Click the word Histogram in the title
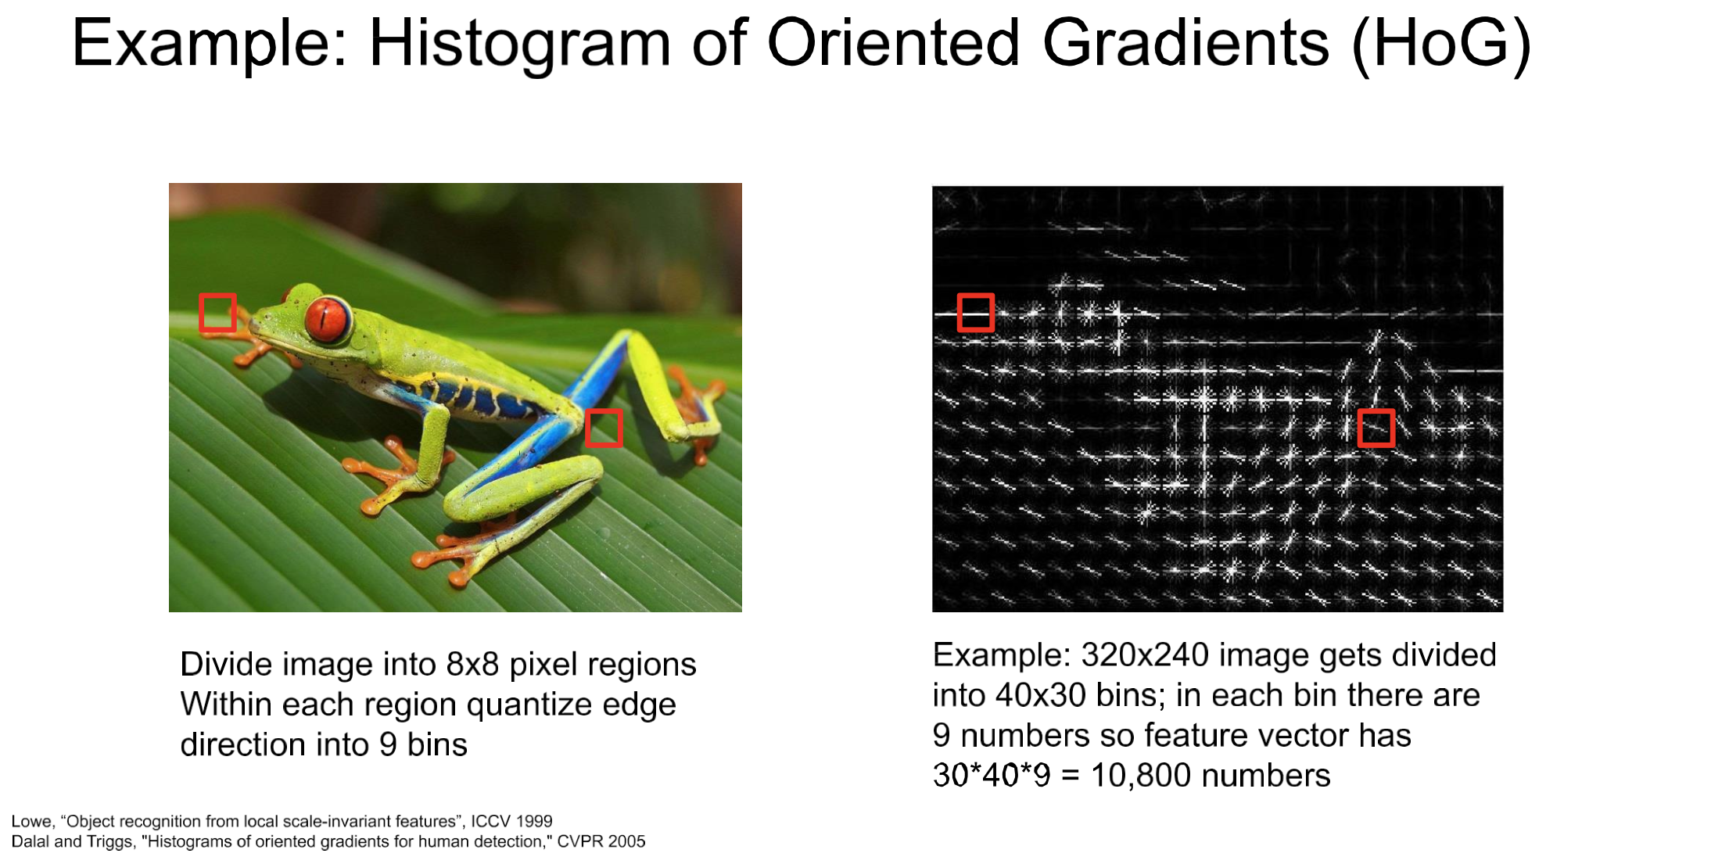520,44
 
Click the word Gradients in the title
1186,42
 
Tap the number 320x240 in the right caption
1145,654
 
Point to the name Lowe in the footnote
31,822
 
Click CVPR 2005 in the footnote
601,841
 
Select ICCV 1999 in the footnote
511,821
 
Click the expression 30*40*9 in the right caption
992,776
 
